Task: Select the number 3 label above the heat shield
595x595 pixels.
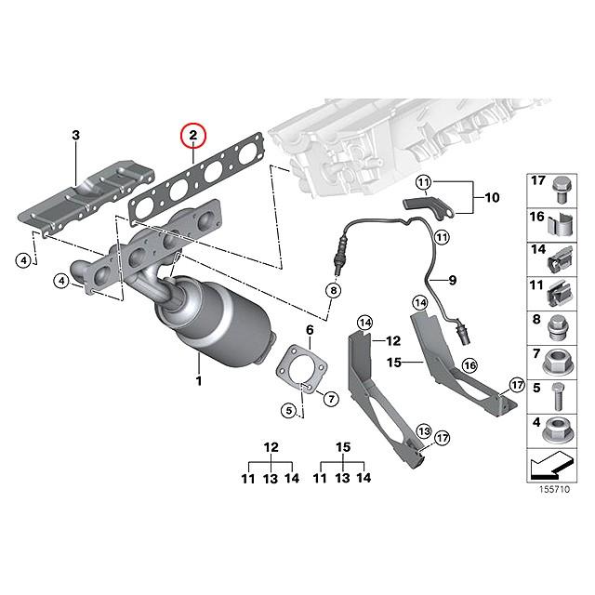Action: (75, 137)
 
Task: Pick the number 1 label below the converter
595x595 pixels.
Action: (197, 381)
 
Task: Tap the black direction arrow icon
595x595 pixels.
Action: (555, 465)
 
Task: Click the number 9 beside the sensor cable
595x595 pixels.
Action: (455, 280)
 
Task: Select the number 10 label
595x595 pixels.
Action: (492, 197)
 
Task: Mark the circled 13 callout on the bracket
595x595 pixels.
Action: (423, 430)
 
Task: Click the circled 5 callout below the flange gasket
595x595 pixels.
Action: (289, 408)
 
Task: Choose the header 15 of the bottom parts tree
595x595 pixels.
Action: (342, 448)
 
